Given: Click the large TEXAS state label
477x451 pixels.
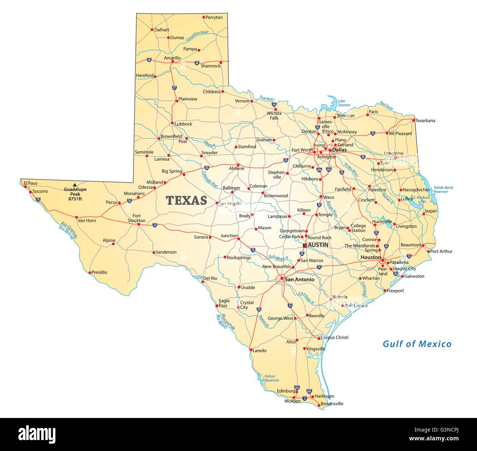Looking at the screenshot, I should pyautogui.click(x=186, y=200).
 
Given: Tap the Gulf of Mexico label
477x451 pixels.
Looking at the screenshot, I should pyautogui.click(x=417, y=344).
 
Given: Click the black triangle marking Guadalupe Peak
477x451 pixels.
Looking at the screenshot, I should pyautogui.click(x=75, y=185).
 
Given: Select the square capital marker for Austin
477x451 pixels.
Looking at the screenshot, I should pyautogui.click(x=305, y=245).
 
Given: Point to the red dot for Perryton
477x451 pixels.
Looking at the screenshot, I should pyautogui.click(x=204, y=17).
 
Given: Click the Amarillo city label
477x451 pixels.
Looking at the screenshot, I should pyautogui.click(x=172, y=58).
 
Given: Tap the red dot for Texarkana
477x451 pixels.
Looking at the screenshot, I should pyautogui.click(x=414, y=120).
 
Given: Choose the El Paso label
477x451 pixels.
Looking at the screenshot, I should pyautogui.click(x=30, y=183).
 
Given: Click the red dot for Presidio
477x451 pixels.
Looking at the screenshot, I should pyautogui.click(x=90, y=272).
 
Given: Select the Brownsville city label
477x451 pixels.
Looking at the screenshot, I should pyautogui.click(x=332, y=404).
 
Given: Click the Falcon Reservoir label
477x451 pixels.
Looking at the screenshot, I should pyautogui.click(x=272, y=378).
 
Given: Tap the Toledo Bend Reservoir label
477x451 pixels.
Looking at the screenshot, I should pyautogui.click(x=443, y=189).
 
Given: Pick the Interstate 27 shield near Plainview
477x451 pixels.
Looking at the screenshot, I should pyautogui.click(x=174, y=88).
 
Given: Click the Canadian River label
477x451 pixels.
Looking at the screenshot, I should pyautogui.click(x=197, y=36).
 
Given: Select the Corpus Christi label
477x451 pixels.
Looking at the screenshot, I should pyautogui.click(x=334, y=337).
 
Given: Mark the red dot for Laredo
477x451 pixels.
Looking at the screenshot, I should pyautogui.click(x=251, y=349).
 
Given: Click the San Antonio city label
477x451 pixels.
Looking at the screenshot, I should pyautogui.click(x=299, y=279).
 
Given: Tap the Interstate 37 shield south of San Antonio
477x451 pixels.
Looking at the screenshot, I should pyautogui.click(x=290, y=306).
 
